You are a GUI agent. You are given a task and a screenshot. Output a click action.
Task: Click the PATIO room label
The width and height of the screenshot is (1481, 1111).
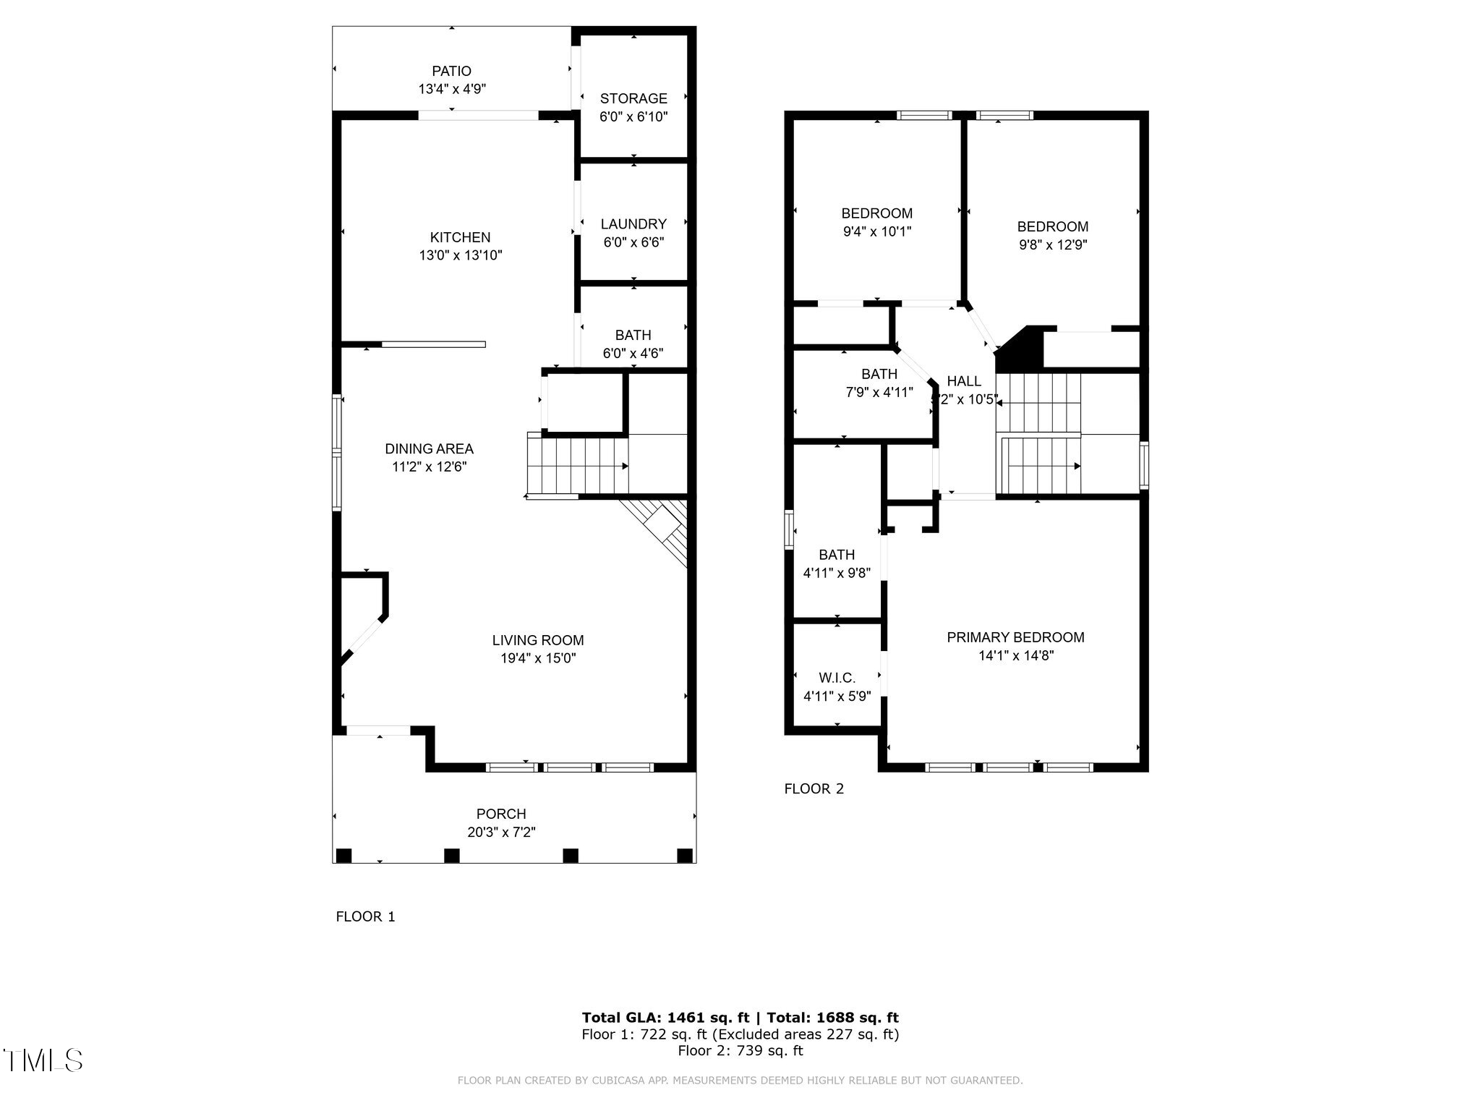point(451,71)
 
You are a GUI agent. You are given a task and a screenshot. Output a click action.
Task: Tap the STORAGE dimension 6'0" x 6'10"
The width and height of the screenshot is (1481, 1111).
point(633,116)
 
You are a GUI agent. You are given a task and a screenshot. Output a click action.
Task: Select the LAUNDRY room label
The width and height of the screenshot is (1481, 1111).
point(633,224)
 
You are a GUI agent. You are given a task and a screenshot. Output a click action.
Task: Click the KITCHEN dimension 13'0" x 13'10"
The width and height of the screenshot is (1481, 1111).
point(460,255)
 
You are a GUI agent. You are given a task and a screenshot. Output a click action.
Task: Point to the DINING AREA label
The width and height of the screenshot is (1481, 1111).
point(429,448)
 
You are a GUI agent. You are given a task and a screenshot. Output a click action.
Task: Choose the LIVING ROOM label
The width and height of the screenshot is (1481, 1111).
point(537,640)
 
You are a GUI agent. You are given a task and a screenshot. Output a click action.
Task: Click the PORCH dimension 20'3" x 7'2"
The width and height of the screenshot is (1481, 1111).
point(501,833)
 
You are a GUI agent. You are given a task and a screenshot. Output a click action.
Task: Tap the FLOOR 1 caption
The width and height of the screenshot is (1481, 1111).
point(365,917)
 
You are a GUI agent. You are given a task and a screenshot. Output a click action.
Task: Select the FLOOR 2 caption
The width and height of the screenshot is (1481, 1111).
point(814,789)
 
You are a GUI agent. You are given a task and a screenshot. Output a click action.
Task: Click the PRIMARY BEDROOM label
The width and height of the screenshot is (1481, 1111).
point(1015,637)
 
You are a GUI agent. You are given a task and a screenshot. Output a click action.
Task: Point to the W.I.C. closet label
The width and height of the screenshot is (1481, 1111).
point(837,678)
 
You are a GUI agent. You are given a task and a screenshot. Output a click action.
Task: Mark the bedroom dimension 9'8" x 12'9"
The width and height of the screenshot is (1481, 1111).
point(1052,245)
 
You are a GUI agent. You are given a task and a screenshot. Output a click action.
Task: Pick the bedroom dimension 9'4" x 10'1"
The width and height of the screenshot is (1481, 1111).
point(876,232)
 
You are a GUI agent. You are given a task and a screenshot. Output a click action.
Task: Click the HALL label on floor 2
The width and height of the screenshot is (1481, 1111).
point(964,381)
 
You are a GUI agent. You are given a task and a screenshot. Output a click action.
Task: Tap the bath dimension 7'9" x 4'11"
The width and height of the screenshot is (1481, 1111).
point(879,393)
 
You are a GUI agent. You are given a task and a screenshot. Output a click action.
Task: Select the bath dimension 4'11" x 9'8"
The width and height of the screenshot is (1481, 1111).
point(837,573)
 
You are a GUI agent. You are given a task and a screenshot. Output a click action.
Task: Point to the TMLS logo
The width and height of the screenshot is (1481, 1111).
point(43,1060)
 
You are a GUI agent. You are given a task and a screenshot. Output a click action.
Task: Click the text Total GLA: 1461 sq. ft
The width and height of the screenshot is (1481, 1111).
point(665,1018)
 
